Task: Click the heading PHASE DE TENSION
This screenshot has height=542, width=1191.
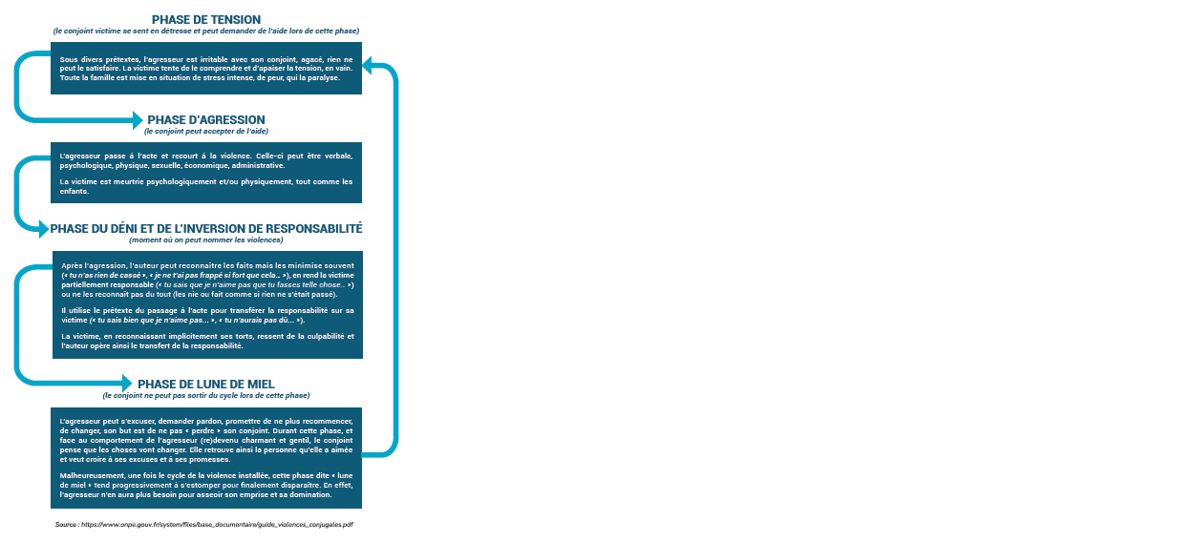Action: [206, 20]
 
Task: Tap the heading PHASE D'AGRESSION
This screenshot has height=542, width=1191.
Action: [206, 120]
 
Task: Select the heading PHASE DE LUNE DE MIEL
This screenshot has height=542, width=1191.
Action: [206, 385]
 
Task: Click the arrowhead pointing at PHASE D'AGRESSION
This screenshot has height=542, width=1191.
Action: [138, 120]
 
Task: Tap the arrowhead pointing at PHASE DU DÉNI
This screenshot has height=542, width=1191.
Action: [44, 229]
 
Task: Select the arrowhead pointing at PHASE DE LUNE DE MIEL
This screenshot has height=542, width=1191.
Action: [127, 383]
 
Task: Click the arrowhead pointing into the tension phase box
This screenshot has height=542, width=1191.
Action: [367, 65]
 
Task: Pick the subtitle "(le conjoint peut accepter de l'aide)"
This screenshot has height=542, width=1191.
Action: [206, 132]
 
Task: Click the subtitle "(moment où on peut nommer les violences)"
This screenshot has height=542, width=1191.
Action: [206, 240]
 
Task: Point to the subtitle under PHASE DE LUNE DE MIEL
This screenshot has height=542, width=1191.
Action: [206, 395]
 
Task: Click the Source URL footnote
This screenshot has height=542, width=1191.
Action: [204, 525]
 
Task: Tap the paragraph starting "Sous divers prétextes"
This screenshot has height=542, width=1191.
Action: [206, 69]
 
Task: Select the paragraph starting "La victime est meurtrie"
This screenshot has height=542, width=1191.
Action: [206, 186]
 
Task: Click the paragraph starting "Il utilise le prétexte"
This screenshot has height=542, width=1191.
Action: [207, 315]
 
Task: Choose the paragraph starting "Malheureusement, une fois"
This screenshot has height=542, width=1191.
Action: [206, 485]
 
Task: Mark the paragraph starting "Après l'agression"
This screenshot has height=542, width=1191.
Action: [207, 280]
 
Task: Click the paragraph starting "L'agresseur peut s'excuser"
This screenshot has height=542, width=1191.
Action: [206, 441]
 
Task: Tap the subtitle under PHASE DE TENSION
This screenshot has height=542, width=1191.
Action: [206, 31]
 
